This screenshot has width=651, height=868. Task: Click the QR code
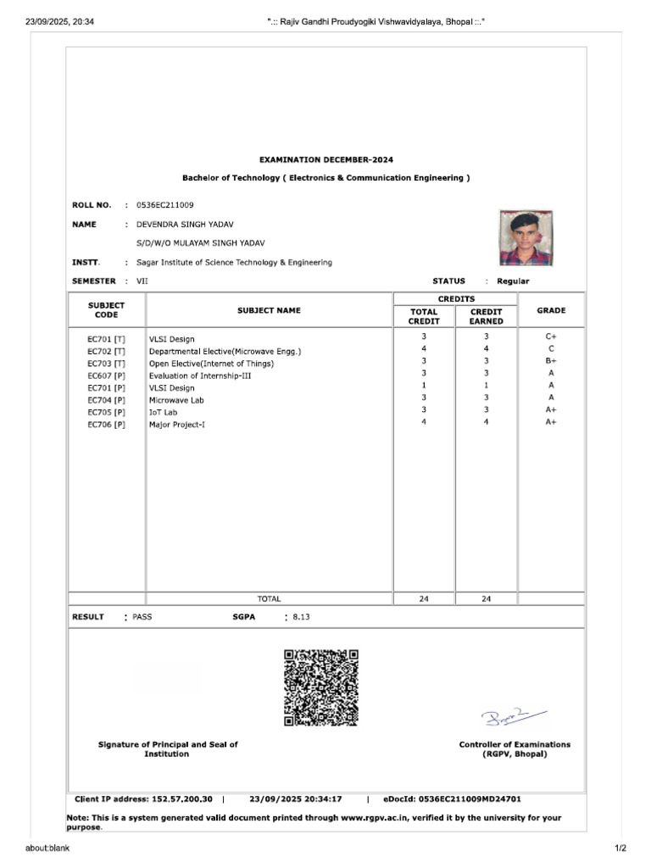click(x=320, y=687)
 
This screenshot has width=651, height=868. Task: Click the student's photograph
click(x=526, y=238)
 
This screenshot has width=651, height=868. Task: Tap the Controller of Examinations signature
click(x=514, y=717)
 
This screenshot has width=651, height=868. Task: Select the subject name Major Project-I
click(x=177, y=424)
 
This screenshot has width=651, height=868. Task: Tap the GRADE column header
click(x=551, y=310)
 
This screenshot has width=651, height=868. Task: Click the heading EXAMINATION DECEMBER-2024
click(x=325, y=159)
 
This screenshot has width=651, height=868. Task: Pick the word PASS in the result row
click(x=142, y=617)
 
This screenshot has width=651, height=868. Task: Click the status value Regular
click(x=513, y=281)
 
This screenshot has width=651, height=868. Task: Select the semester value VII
click(x=142, y=281)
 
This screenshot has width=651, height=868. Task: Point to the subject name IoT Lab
click(x=164, y=412)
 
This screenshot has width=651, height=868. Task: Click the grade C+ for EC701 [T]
click(x=551, y=337)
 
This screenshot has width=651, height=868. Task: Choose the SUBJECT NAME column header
click(x=269, y=310)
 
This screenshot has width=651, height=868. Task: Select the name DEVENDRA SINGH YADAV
click(x=185, y=224)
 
